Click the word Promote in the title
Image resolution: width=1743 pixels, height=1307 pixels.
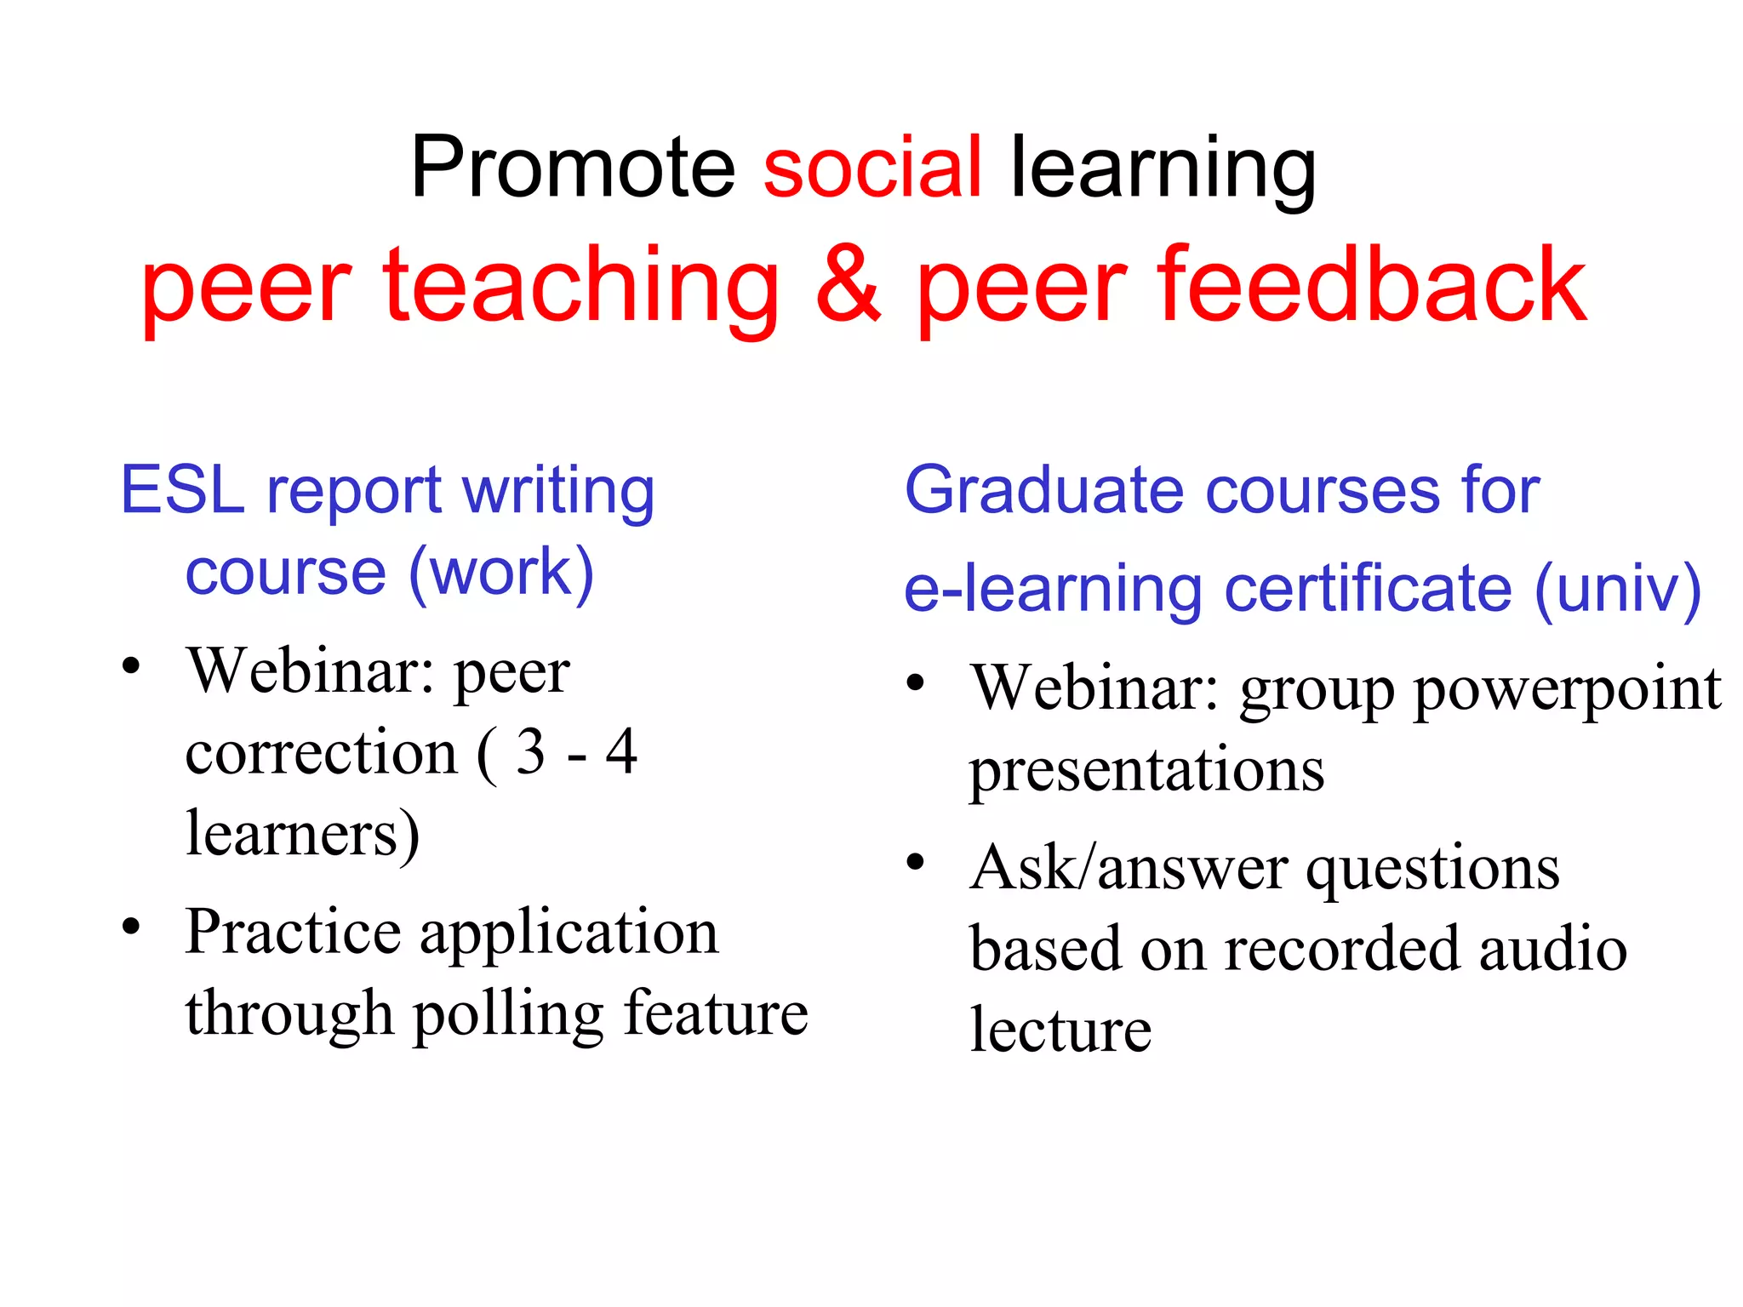click(572, 168)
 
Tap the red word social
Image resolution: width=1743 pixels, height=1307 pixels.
click(872, 168)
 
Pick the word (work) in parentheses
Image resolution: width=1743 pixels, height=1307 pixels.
click(501, 573)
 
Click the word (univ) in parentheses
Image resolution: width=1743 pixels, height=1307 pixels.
click(1617, 589)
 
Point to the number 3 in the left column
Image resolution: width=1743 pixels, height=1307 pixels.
click(530, 752)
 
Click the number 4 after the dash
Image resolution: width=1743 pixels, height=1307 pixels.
click(621, 752)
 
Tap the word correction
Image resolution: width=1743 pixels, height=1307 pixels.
click(322, 754)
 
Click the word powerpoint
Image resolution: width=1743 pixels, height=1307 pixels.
click(1567, 689)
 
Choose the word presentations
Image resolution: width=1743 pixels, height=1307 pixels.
click(1146, 771)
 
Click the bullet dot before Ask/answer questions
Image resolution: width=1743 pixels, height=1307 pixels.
click(915, 863)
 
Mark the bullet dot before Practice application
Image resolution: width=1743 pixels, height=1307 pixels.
click(130, 926)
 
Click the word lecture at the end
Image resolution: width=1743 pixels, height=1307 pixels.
click(1060, 1030)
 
